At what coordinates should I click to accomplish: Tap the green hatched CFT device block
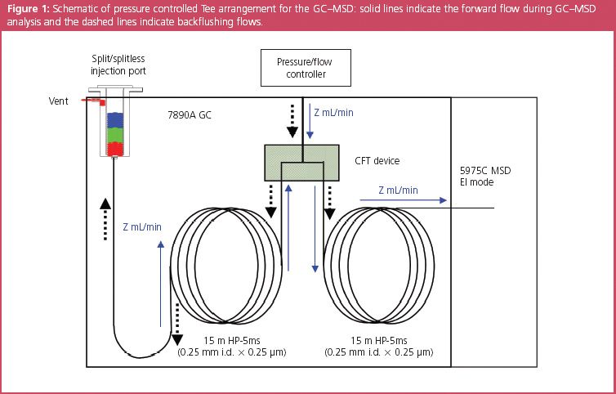[x=301, y=161]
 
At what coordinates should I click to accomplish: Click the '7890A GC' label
[x=189, y=116]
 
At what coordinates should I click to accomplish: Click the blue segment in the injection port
[x=115, y=119]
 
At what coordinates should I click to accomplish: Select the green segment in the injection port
[x=115, y=132]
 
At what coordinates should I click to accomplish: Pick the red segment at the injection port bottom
[x=115, y=148]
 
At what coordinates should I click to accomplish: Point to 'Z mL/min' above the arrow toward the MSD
[x=399, y=190]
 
